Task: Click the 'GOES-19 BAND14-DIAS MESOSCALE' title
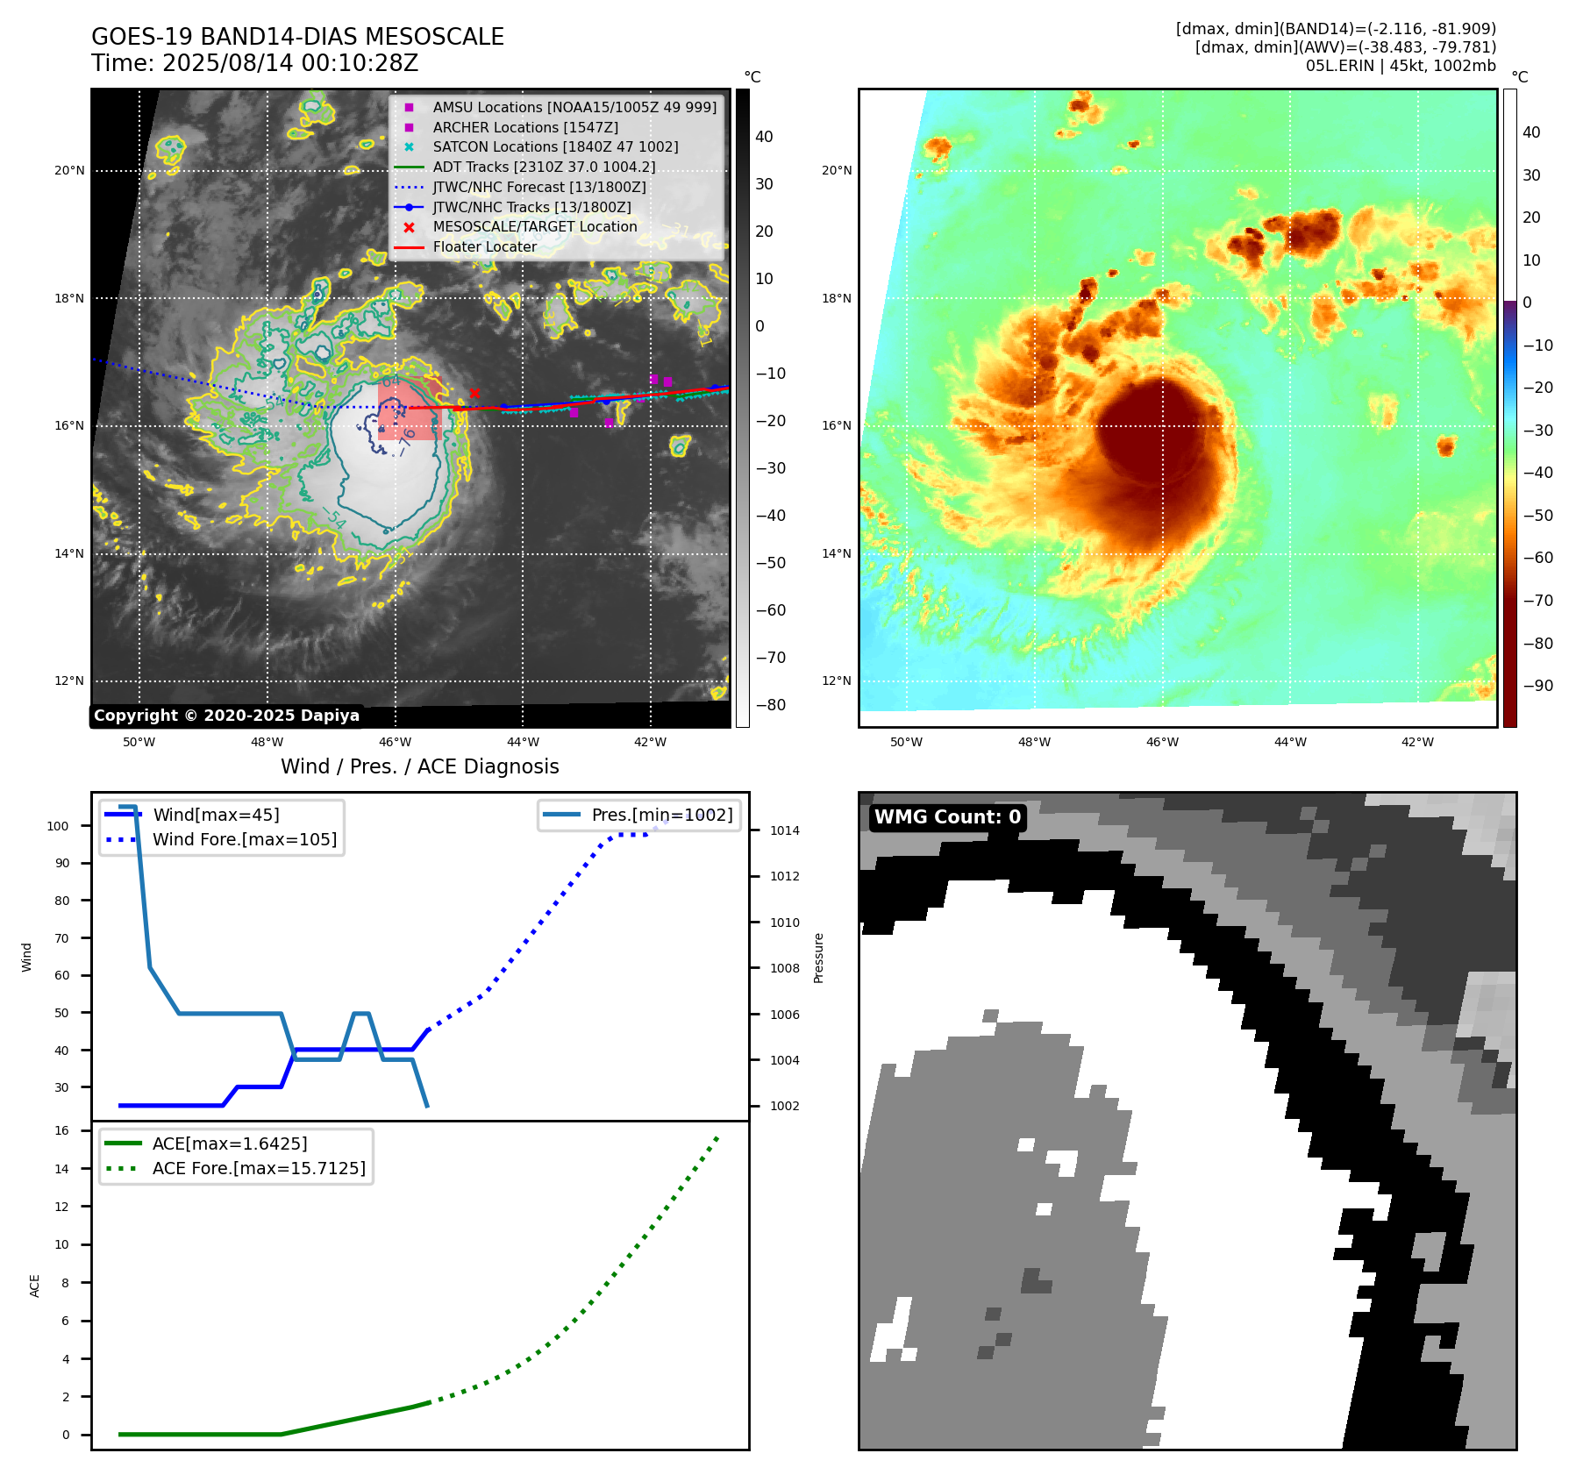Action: click(x=297, y=37)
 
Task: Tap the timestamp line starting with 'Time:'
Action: click(x=254, y=63)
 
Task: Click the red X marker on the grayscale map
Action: click(x=474, y=394)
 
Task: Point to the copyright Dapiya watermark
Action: click(x=226, y=716)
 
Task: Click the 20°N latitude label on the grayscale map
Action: click(x=69, y=170)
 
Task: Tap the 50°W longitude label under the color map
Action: click(x=906, y=742)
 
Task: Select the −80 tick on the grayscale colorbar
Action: click(x=771, y=705)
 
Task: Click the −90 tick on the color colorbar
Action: click(x=1537, y=686)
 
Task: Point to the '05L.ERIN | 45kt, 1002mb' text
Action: click(x=1401, y=66)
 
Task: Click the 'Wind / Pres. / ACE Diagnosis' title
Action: click(x=419, y=766)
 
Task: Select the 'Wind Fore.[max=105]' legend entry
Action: click(x=244, y=839)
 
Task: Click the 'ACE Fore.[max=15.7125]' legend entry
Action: click(x=259, y=1168)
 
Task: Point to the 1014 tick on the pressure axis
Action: click(x=784, y=830)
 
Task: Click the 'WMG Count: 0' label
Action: click(x=947, y=817)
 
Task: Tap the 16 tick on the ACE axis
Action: click(x=62, y=1130)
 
